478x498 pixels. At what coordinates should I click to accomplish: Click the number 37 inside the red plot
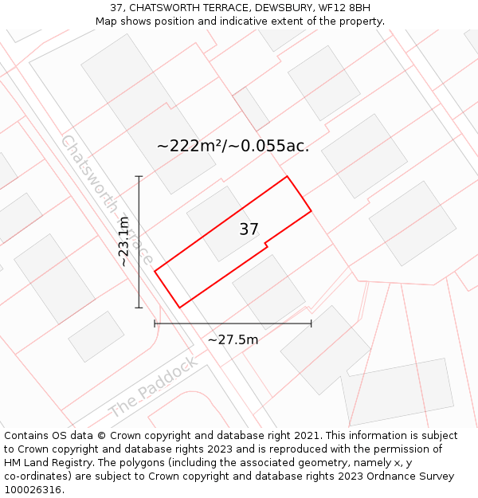pyautogui.click(x=249, y=229)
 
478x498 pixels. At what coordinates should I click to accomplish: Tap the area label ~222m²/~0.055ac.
pyautogui.click(x=233, y=146)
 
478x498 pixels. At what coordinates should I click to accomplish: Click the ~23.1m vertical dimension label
pyautogui.click(x=124, y=241)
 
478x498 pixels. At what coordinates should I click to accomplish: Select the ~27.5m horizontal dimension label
pyautogui.click(x=233, y=340)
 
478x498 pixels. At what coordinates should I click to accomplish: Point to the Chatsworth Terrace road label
pyautogui.click(x=107, y=200)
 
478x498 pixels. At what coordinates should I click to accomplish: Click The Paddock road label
pyautogui.click(x=153, y=388)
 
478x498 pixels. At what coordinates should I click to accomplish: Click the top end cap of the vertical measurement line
pyautogui.click(x=139, y=176)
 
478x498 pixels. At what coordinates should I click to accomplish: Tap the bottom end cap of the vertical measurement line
pyautogui.click(x=139, y=308)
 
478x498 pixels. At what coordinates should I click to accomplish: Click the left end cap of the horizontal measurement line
pyautogui.click(x=155, y=324)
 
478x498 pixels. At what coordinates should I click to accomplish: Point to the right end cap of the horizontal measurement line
pyautogui.click(x=311, y=324)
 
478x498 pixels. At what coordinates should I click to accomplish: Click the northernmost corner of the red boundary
pyautogui.click(x=287, y=176)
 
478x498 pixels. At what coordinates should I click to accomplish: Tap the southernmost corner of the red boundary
pyautogui.click(x=179, y=308)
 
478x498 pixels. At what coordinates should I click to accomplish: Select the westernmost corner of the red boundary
pyautogui.click(x=155, y=271)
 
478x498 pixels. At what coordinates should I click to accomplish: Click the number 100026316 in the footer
pyautogui.click(x=31, y=490)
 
